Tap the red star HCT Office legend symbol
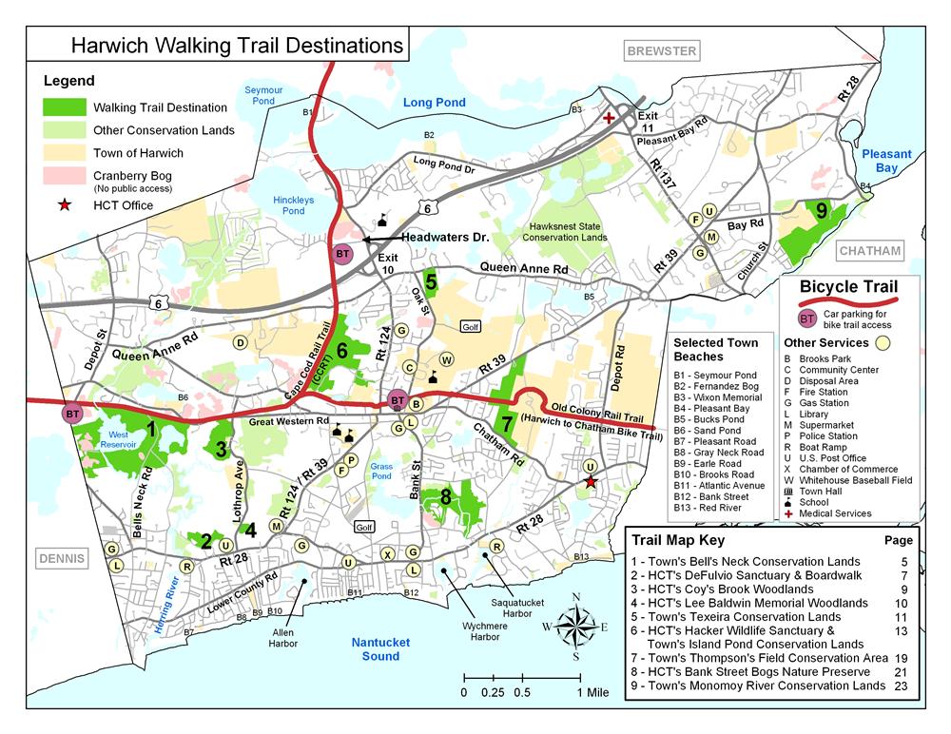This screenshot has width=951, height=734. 65,203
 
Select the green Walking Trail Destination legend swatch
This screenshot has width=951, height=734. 65,107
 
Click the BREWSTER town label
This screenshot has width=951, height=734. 661,50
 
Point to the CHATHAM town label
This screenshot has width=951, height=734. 869,251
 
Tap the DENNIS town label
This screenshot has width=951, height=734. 61,558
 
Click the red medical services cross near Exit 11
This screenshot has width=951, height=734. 609,118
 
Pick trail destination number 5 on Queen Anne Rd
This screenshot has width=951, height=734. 431,280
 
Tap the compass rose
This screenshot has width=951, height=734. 575,626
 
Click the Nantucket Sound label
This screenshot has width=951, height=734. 380,649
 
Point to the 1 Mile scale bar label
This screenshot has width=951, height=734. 592,692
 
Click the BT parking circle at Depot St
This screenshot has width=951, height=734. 72,414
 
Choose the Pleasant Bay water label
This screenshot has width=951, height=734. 886,161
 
